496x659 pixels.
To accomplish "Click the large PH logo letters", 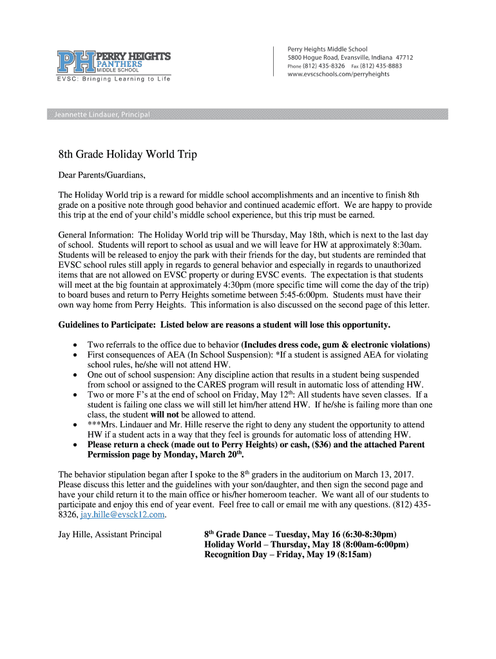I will coord(76,62).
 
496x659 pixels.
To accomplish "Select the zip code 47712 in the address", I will coord(405,57).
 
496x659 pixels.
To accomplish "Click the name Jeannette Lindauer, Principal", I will coord(99,115).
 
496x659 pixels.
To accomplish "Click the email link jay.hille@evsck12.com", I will coord(123,515).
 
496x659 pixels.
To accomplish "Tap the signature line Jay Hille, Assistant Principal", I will coord(110,534).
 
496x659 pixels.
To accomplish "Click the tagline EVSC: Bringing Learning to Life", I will coord(113,79).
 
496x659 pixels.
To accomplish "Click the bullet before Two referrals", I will coord(77,345).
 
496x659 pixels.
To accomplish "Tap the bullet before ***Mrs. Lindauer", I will coord(77,425).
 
